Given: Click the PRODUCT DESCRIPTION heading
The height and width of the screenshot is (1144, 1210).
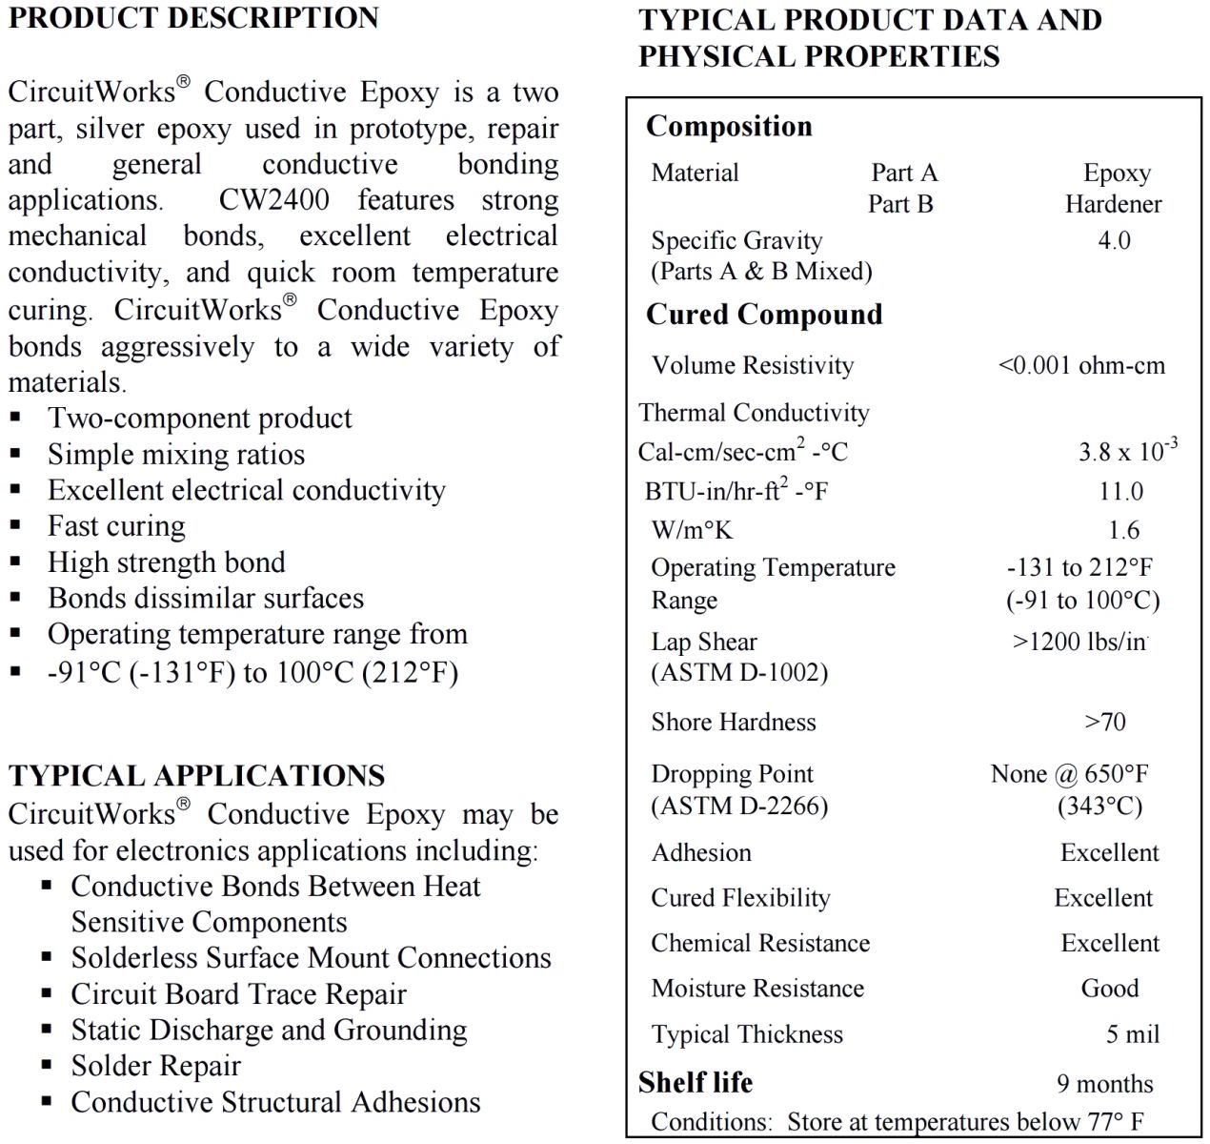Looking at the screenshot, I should pyautogui.click(x=193, y=18).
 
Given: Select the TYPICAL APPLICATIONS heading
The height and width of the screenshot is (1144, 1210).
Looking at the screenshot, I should pyautogui.click(x=197, y=775).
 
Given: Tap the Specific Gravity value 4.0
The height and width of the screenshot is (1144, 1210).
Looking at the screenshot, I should pyautogui.click(x=1114, y=240).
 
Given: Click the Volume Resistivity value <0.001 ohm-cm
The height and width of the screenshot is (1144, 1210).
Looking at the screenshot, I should pyautogui.click(x=1081, y=365).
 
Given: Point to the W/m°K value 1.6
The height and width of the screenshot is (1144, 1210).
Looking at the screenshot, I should pyautogui.click(x=1123, y=530).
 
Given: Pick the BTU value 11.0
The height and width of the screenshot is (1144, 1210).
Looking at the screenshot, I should pyautogui.click(x=1120, y=491).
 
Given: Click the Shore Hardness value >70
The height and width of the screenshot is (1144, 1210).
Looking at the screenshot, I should pyautogui.click(x=1105, y=722).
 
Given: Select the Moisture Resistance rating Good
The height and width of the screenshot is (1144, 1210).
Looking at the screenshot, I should pyautogui.click(x=1110, y=989).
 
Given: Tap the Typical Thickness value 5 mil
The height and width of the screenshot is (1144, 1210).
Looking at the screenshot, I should pyautogui.click(x=1133, y=1034).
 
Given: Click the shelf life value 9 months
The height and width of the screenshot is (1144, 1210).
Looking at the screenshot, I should pyautogui.click(x=1104, y=1084).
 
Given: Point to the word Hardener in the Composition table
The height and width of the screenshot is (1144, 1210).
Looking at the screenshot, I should pyautogui.click(x=1113, y=204).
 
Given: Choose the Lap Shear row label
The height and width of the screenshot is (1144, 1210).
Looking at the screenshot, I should pyautogui.click(x=704, y=643).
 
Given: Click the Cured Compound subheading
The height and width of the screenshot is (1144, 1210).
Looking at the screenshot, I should pyautogui.click(x=764, y=315).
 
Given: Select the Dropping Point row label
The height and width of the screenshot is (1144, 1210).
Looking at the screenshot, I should pyautogui.click(x=732, y=774).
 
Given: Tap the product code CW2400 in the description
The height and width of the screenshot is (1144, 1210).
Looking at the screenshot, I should pyautogui.click(x=274, y=200).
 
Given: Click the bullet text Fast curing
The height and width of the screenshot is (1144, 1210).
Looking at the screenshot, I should pyautogui.click(x=117, y=526).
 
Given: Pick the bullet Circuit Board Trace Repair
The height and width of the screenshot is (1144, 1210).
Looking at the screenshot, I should pyautogui.click(x=238, y=994).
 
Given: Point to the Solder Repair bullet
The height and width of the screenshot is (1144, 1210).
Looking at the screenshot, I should pyautogui.click(x=155, y=1066).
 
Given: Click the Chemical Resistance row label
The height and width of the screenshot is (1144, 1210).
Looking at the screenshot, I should pyautogui.click(x=760, y=943).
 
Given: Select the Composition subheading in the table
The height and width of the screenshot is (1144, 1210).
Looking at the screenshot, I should pyautogui.click(x=729, y=127).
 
